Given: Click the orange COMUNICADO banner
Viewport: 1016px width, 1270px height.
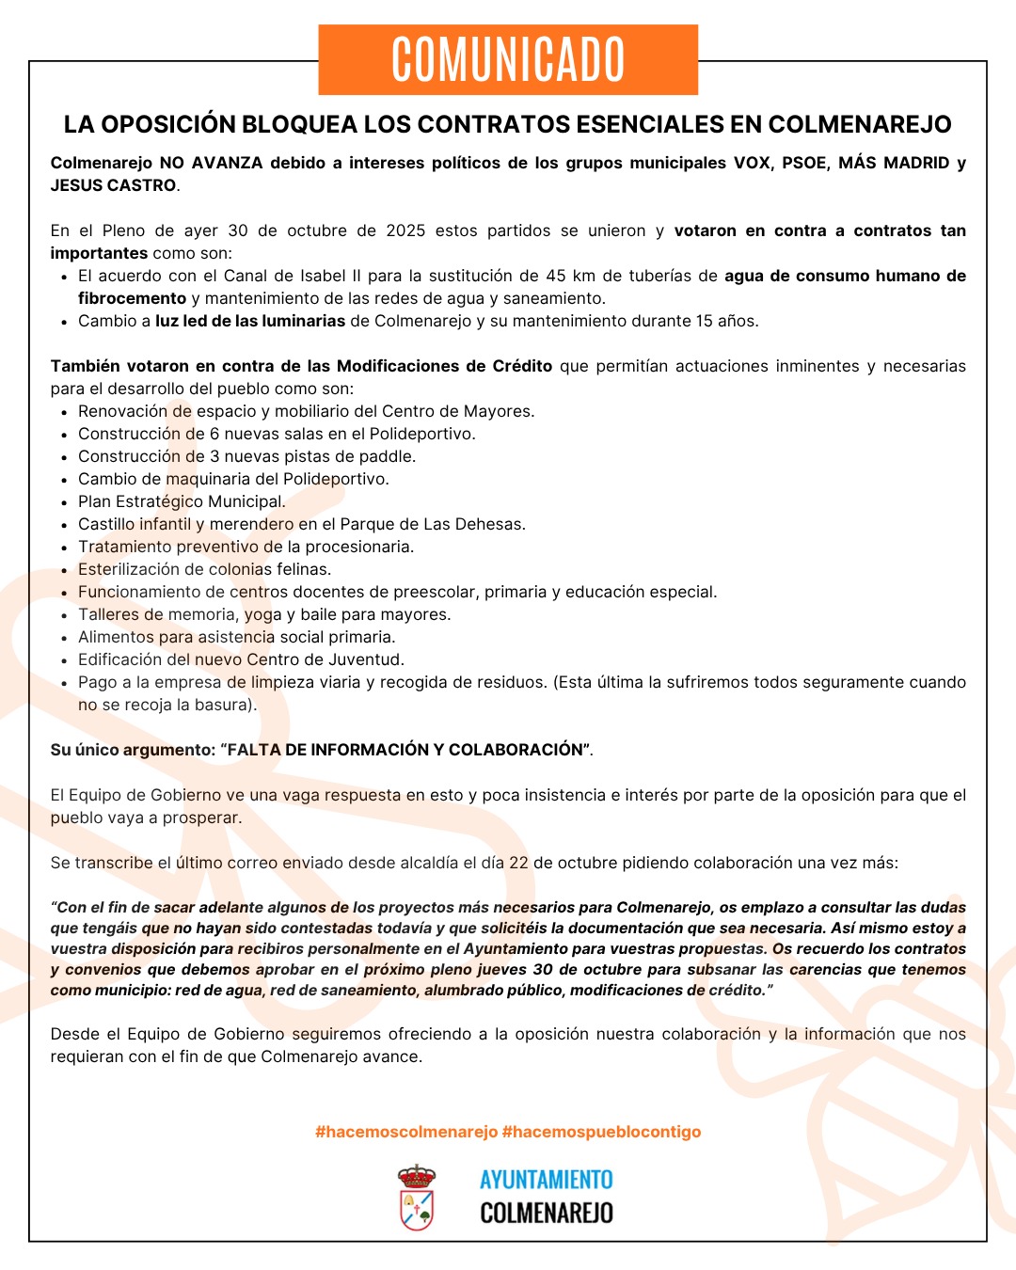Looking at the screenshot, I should pyautogui.click(x=508, y=59).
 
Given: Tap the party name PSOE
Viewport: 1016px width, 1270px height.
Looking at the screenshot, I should pyautogui.click(x=804, y=163).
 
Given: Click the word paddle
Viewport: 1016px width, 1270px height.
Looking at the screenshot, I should pyautogui.click(x=387, y=456).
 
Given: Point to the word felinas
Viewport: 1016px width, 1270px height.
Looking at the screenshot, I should pyautogui.click(x=303, y=569).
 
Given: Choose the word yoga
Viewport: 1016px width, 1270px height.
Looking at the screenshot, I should pyautogui.click(x=263, y=614).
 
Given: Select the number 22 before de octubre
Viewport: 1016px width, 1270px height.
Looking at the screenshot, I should pyautogui.click(x=518, y=863).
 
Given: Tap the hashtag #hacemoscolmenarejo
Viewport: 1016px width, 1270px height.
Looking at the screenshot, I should pyautogui.click(x=405, y=1132).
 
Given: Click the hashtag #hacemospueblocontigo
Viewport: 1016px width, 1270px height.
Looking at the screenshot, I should pyautogui.click(x=602, y=1132).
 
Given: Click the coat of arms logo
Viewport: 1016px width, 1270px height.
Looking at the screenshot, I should pyautogui.click(x=417, y=1197).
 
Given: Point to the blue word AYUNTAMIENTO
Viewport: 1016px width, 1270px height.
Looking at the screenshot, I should pyautogui.click(x=546, y=1180).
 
